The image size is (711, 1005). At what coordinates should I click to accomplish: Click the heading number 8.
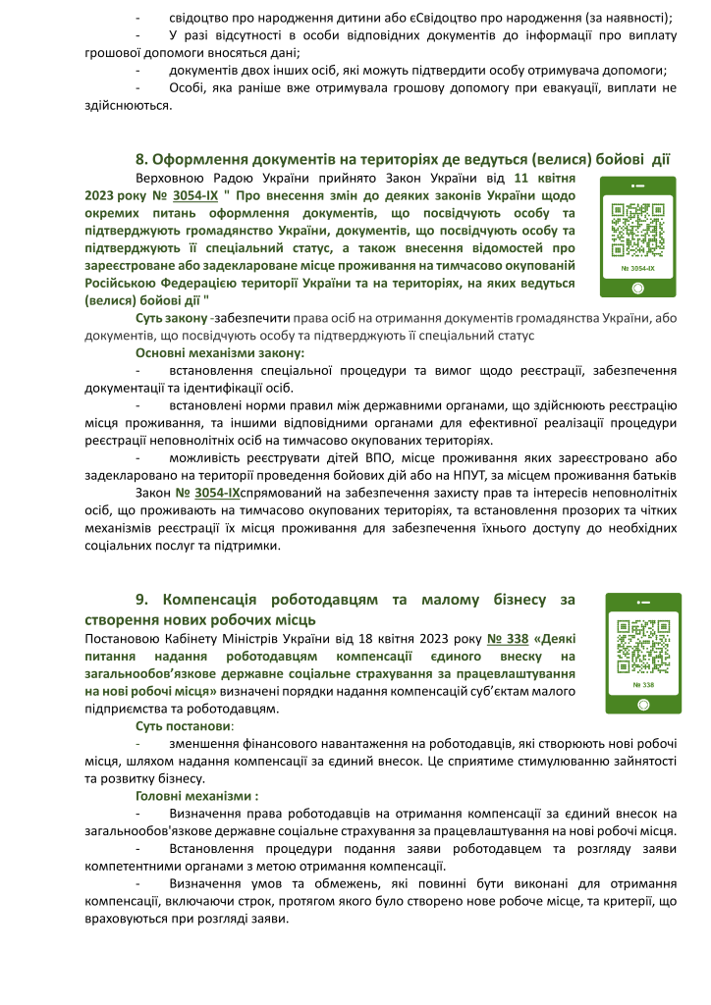tap(141, 159)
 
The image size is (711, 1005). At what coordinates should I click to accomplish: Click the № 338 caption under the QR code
tap(643, 684)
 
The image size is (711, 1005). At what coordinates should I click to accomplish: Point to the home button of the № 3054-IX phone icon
tap(637, 288)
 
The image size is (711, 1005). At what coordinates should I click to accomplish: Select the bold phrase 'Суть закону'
tap(170, 319)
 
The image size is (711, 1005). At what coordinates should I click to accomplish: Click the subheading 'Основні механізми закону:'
tap(220, 352)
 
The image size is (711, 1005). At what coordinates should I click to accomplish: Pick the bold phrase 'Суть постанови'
tap(184, 727)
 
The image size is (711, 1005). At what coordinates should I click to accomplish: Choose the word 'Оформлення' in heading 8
tap(200, 159)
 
